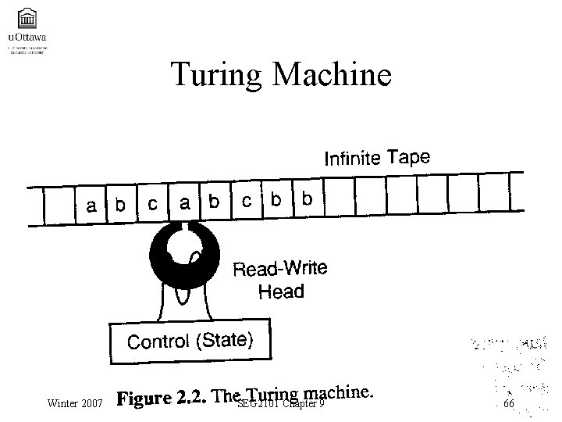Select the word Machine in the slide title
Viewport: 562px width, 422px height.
335,75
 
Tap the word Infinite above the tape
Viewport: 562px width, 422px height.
352,159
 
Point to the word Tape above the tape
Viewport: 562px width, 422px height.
408,157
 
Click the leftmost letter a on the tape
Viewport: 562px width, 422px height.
92,206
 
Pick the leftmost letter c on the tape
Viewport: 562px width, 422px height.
153,203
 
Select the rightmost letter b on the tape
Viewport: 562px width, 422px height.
307,199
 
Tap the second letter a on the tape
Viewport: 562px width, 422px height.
185,202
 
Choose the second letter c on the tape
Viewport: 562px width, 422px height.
247,201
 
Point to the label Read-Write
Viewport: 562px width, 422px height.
281,270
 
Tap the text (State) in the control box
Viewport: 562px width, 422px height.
223,340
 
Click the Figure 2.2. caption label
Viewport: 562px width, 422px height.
162,399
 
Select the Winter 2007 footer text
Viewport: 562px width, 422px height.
75,404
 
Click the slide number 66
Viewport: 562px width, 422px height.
509,404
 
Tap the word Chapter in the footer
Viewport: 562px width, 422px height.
304,404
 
